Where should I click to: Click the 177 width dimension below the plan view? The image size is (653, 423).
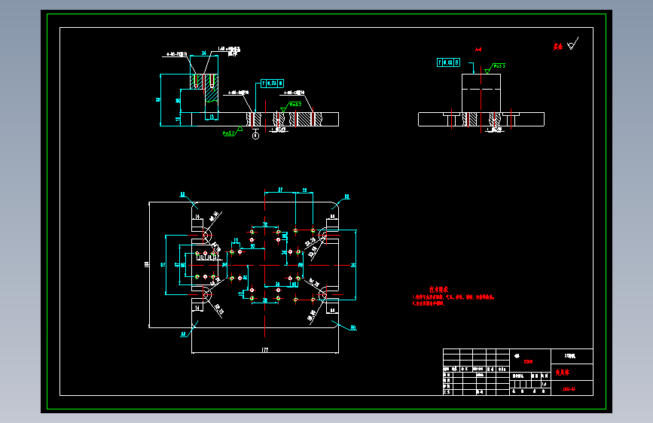[265, 350]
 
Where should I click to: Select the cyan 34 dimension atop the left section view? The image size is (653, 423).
[203, 53]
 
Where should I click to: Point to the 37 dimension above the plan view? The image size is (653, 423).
[279, 190]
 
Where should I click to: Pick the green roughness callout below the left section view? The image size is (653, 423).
[228, 132]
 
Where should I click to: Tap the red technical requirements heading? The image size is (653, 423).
[439, 290]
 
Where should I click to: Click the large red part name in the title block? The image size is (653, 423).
[563, 372]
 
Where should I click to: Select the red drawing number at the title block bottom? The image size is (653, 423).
[569, 389]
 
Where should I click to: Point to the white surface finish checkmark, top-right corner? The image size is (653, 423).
[573, 44]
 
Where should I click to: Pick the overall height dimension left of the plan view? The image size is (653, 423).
[146, 264]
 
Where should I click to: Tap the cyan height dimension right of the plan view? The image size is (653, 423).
[354, 265]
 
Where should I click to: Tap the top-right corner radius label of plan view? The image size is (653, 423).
[347, 196]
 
